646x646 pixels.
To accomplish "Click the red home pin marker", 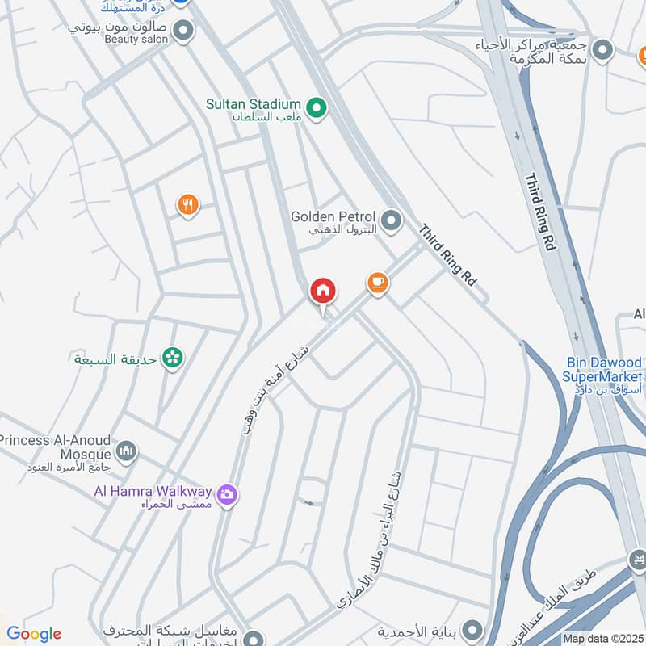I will click(323, 292).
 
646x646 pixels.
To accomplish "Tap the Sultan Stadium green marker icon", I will click(317, 106).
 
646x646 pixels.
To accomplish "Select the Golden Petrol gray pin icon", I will click(392, 220).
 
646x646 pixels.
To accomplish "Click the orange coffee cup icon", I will click(377, 283).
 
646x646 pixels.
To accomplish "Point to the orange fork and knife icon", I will click(188, 205).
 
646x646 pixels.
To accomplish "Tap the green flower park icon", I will click(171, 358).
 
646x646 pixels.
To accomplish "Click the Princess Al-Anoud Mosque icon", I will click(126, 451).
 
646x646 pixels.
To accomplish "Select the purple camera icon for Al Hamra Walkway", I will click(228, 493).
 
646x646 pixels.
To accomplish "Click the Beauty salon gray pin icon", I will click(183, 31).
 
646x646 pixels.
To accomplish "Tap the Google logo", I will click(33, 634).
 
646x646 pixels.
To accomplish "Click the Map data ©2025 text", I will click(603, 638).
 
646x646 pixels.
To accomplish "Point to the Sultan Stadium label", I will click(252, 105).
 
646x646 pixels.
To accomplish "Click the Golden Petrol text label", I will click(333, 216).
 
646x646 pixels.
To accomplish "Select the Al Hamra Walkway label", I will click(153, 491).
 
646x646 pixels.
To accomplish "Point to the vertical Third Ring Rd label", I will click(541, 212).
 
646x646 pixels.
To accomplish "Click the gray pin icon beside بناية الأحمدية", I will click(472, 629).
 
